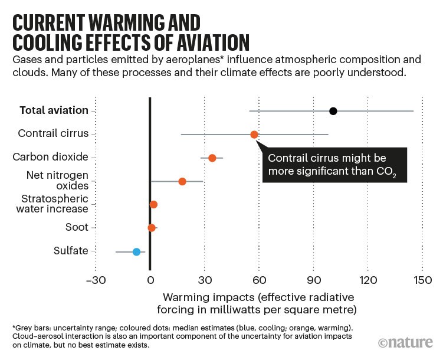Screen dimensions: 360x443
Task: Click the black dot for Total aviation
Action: [333, 111]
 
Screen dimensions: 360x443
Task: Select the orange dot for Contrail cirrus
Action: [254, 135]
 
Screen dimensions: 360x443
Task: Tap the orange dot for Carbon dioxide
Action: [212, 158]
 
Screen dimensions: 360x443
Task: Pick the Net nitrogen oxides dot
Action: [182, 181]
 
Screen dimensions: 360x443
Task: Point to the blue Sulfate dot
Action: [136, 251]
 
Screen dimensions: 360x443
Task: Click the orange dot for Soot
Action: [152, 227]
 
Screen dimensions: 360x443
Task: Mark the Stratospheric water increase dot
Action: [154, 204]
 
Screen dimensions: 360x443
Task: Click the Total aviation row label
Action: [54, 110]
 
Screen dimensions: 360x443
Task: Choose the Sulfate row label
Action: [70, 251]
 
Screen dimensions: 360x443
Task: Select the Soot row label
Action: [76, 227]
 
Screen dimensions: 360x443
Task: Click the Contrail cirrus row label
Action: [53, 134]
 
